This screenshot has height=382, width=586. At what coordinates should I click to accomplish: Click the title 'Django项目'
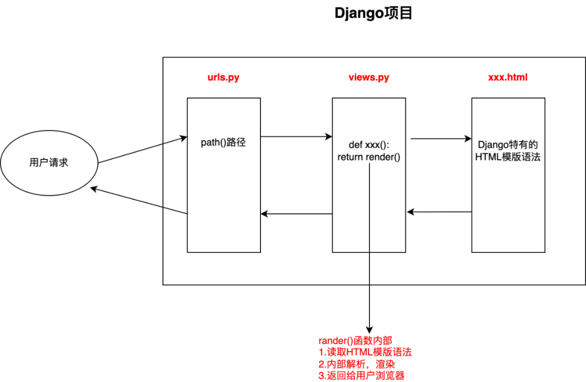(x=374, y=14)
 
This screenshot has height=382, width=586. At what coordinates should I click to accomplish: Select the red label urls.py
(x=220, y=78)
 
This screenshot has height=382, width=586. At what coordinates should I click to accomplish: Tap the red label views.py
(x=368, y=78)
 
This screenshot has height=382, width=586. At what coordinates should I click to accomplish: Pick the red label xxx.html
(x=508, y=78)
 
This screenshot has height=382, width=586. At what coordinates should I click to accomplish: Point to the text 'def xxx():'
(x=368, y=145)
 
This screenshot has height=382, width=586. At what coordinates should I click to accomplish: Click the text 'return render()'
(x=368, y=157)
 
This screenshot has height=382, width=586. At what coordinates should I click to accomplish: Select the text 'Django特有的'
(x=508, y=145)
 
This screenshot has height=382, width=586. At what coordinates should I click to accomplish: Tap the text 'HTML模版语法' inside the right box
(x=508, y=157)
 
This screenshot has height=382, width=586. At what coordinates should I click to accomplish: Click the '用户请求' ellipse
(x=49, y=162)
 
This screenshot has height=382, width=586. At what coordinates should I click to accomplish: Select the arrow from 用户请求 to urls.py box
(x=142, y=150)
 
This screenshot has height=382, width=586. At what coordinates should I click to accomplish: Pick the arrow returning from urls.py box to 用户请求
(x=139, y=201)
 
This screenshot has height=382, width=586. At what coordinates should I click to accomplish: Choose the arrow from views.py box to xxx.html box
(x=441, y=139)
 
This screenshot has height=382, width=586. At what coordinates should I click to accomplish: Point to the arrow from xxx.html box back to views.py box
(x=439, y=212)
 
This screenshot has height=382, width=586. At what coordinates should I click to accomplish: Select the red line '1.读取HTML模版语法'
(x=365, y=352)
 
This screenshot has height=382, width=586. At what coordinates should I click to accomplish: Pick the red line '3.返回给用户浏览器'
(x=361, y=375)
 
